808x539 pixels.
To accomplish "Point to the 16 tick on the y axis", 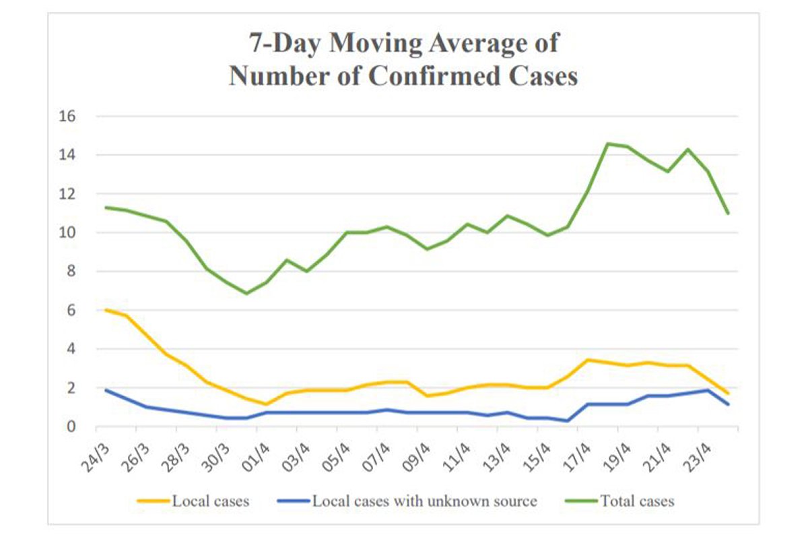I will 67,117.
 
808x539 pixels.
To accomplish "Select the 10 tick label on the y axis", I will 67,233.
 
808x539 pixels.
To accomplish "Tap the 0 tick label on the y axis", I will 71,427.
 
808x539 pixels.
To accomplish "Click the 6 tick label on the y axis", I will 71,311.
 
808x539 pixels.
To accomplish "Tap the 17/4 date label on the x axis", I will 571,446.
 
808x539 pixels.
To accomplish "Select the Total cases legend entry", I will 636,501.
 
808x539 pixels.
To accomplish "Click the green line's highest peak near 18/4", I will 607,144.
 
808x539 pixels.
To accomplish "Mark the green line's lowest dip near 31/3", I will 247,293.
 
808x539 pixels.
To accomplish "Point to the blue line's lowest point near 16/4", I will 567,421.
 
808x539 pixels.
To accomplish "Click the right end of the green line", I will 728,214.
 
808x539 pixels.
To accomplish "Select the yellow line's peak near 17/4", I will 588,360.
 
